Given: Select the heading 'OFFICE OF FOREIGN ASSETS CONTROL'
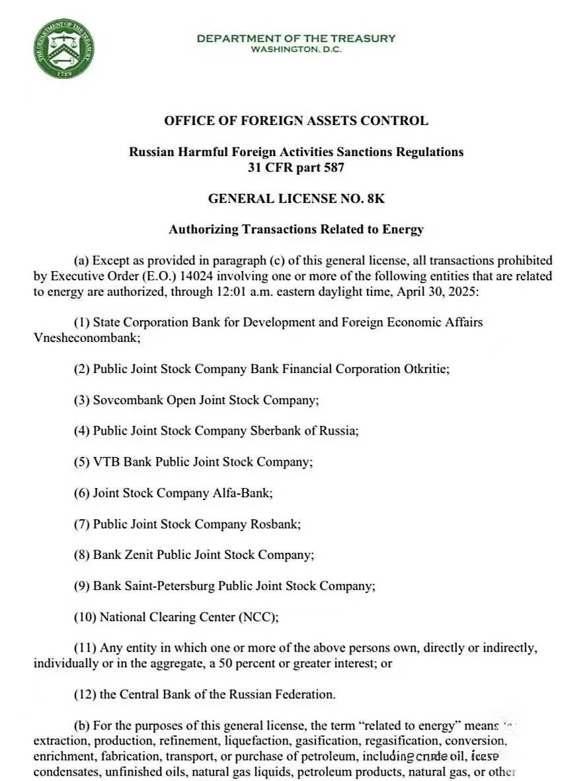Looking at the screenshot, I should coord(296,121).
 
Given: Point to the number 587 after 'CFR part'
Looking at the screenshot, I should coord(334,167).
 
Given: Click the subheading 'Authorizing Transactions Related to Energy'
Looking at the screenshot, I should coord(296,229).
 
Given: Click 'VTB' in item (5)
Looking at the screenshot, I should coord(106,462).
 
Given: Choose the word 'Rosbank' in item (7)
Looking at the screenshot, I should coord(275,524).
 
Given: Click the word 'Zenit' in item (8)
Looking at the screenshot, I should coord(139,555).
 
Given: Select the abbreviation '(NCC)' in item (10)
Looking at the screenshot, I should coord(258,617).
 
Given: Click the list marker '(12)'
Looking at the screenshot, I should coord(85,694).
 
